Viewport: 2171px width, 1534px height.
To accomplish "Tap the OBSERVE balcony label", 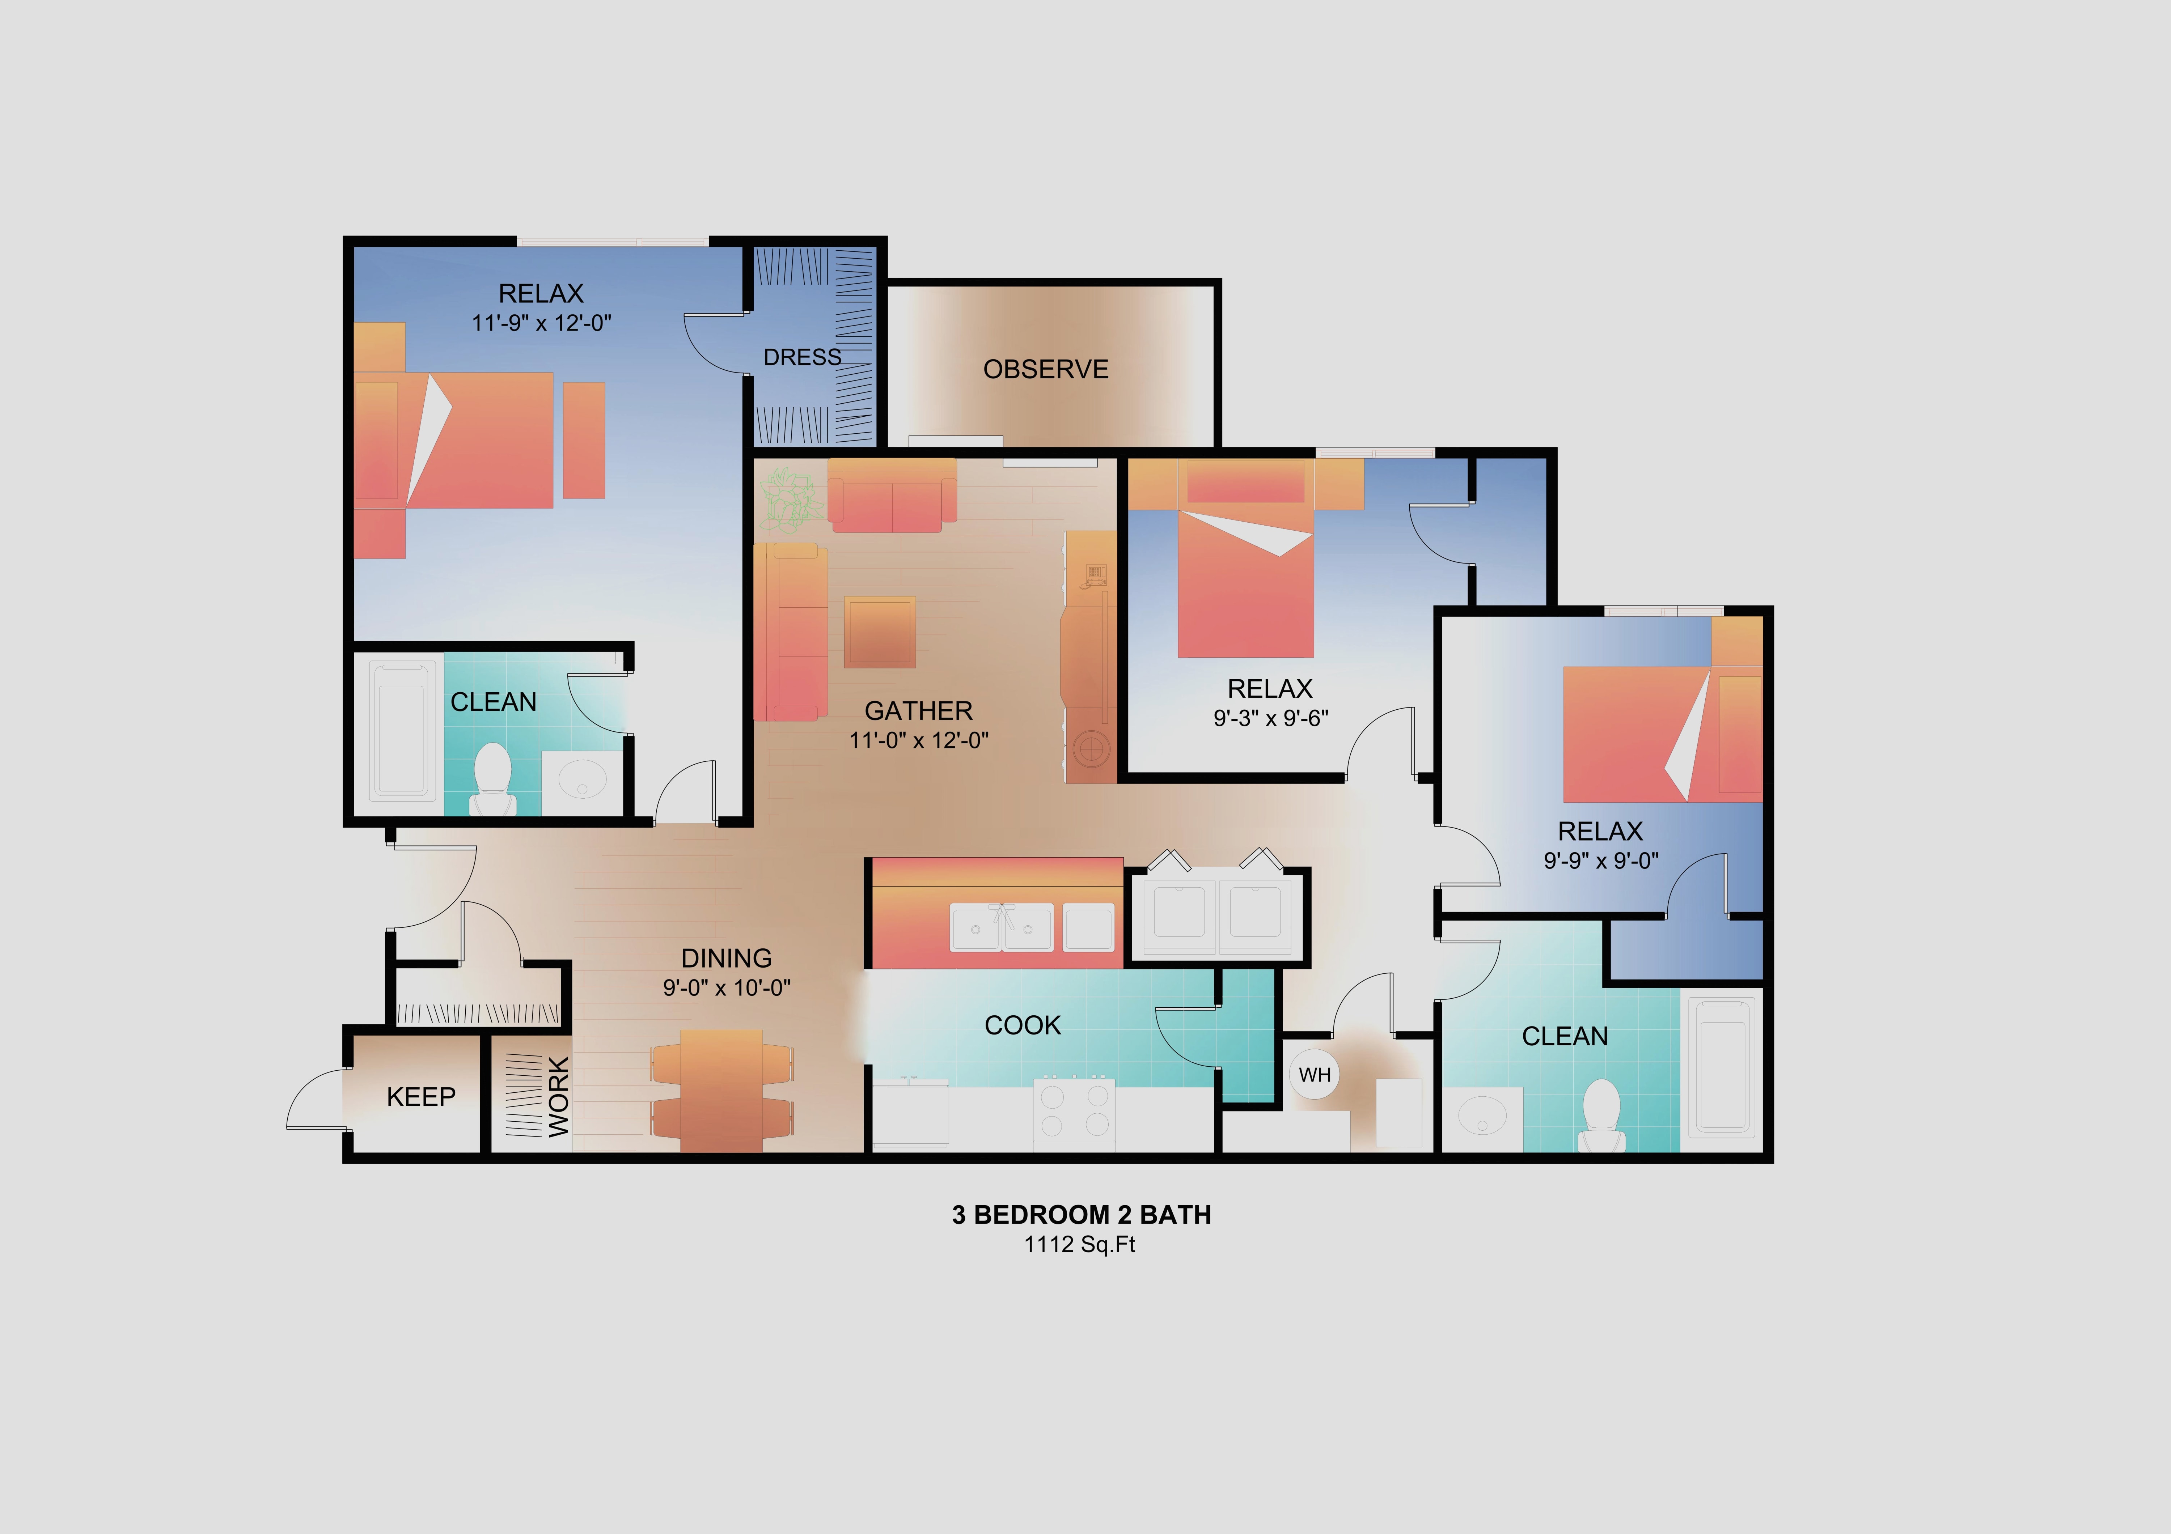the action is [x=1046, y=370].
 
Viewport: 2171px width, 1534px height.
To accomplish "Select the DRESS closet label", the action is [x=802, y=357].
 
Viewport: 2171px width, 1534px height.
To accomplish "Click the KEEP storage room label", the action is [x=421, y=1096].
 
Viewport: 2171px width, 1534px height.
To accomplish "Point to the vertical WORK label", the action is [x=559, y=1096].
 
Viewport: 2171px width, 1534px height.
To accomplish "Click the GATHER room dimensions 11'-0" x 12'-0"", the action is [x=918, y=740].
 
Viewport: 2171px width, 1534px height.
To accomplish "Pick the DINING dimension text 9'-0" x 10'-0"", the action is [x=726, y=988].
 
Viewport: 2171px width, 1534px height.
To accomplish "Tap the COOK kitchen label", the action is [x=1022, y=1025].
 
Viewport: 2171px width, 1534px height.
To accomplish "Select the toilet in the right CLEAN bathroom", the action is [x=1601, y=1115].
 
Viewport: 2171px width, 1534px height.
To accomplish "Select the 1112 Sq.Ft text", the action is [x=1080, y=1245].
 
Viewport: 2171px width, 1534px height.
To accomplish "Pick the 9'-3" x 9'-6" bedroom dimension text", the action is [x=1271, y=718].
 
